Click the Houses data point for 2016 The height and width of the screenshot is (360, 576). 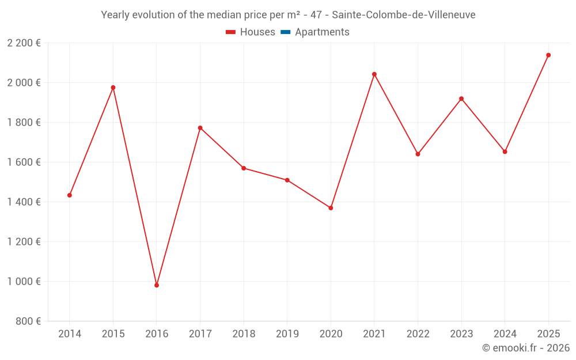coord(157,285)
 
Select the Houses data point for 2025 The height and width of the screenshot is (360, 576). coord(548,55)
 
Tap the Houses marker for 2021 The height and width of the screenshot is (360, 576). coord(374,74)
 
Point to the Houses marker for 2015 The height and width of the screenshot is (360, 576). coord(113,88)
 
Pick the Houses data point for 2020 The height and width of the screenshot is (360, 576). coord(331,208)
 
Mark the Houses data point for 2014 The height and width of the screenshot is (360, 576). coord(70,195)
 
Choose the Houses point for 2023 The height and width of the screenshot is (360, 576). coord(461,98)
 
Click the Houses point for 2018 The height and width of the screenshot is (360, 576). coord(244,168)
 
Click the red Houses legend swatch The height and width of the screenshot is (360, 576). coord(230,32)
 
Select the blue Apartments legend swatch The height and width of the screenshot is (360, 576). coord(285,32)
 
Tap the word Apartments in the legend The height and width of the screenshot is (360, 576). coord(322,32)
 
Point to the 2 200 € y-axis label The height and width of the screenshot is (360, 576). coord(24,43)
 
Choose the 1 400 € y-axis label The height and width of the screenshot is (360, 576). coord(24,202)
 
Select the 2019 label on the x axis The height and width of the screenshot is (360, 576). coord(287,334)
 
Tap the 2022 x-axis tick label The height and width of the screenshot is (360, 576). coord(418,334)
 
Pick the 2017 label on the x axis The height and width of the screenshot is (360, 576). coord(200,334)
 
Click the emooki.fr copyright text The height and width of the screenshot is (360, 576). coord(526,348)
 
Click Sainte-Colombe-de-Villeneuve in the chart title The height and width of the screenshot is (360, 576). coord(404,15)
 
